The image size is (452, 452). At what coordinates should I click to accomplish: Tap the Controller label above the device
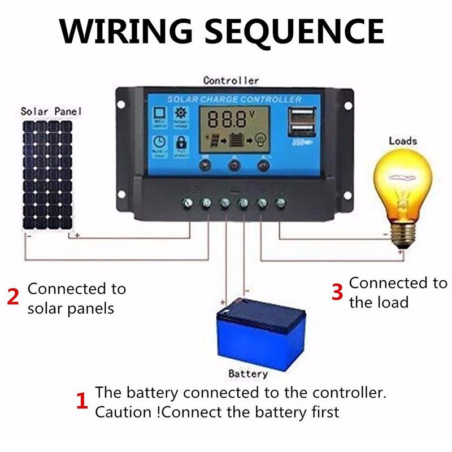point(231,81)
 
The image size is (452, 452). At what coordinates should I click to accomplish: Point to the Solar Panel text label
point(51,111)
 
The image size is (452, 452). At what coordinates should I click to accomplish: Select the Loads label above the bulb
point(403,141)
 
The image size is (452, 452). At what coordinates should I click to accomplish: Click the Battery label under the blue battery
point(248,373)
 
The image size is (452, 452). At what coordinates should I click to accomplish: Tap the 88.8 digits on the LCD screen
point(226,119)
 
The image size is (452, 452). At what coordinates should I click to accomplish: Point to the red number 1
point(82,402)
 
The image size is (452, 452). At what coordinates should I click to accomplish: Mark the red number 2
point(12,297)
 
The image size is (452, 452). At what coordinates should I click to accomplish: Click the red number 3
point(337,292)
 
